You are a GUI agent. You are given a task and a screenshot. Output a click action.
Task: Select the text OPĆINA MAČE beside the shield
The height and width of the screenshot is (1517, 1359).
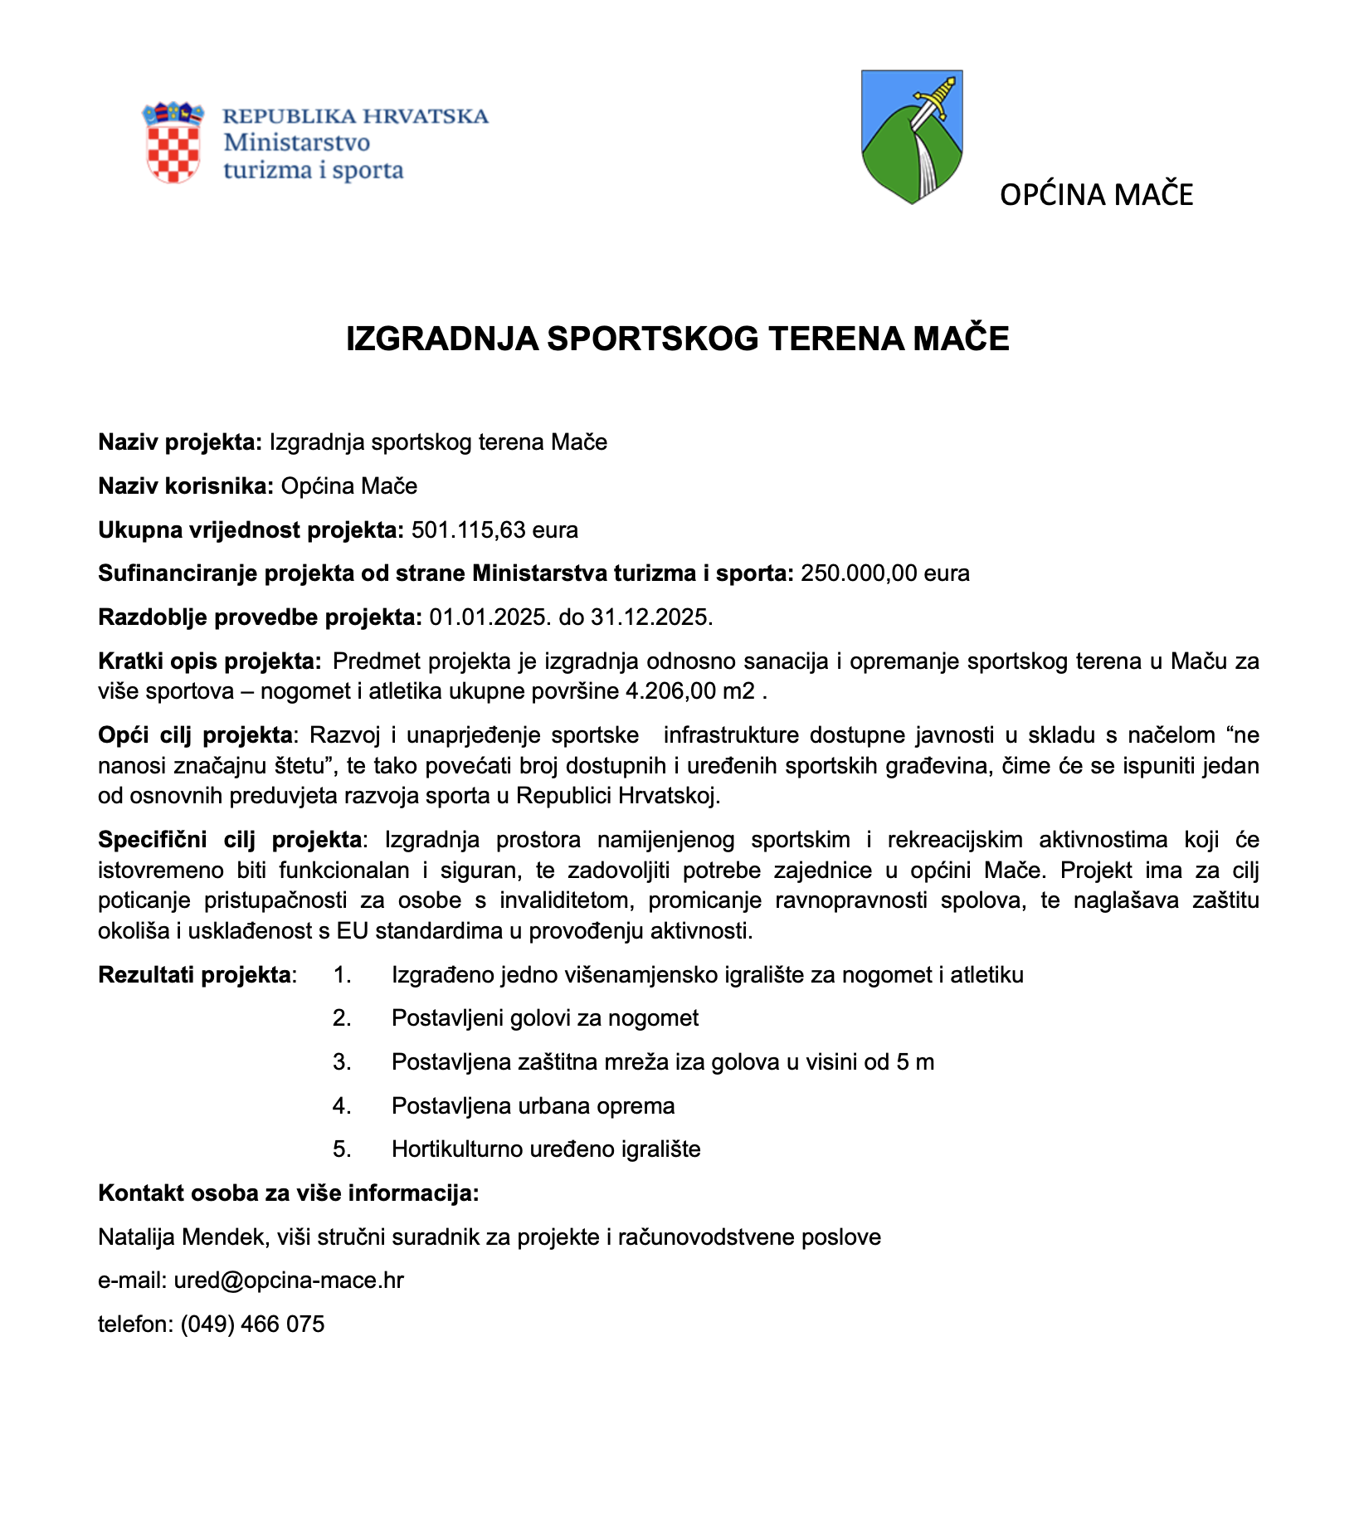tap(1096, 195)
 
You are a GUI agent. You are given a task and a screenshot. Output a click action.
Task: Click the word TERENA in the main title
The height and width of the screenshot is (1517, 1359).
tap(834, 339)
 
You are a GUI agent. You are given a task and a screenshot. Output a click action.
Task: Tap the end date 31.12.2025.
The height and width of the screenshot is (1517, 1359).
tap(651, 617)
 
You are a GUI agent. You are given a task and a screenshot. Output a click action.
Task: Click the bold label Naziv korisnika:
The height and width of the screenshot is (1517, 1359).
tap(186, 486)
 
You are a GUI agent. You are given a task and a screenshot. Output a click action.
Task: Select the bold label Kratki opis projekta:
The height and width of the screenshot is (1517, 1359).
tap(210, 661)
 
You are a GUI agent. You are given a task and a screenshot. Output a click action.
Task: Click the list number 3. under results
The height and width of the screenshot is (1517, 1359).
tap(343, 1062)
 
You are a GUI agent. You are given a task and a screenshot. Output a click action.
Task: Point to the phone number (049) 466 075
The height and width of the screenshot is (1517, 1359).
tap(252, 1324)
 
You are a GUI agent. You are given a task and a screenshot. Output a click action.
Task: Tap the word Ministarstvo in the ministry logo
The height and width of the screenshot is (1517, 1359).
tap(297, 142)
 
